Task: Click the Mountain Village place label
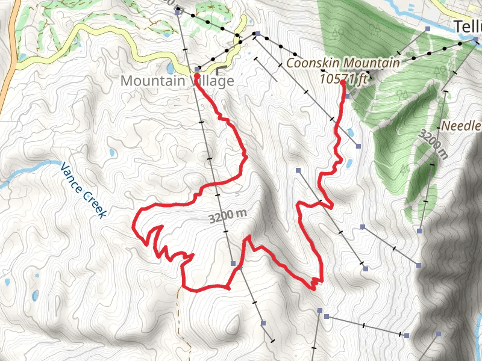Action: tap(177, 80)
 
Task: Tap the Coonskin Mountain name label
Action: tap(343, 63)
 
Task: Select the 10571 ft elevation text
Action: tap(344, 78)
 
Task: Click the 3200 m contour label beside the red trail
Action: tap(228, 215)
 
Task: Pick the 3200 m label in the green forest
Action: tap(434, 144)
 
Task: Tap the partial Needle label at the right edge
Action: tap(462, 126)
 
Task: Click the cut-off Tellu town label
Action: tap(468, 26)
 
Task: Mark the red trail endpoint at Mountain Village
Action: tap(196, 76)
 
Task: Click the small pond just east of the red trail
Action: tap(349, 162)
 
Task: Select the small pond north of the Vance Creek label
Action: tap(111, 154)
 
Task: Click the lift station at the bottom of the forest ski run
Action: tap(419, 230)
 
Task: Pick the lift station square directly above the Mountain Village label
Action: tap(197, 69)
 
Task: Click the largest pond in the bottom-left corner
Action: tap(35, 295)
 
